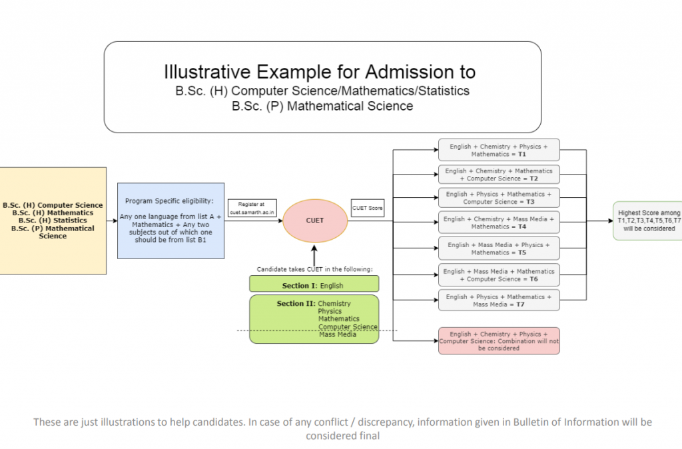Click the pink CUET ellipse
tap(315, 220)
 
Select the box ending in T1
tap(498, 150)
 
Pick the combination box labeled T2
tap(498, 175)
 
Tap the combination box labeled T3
tap(498, 198)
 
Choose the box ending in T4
tap(498, 223)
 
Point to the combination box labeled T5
tap(498, 248)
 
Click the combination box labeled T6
tap(498, 274)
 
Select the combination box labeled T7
tap(498, 300)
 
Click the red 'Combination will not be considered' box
tap(498, 340)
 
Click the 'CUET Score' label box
tap(368, 208)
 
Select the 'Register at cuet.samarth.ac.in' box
tap(252, 207)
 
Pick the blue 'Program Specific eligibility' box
tap(171, 221)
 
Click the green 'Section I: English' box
tap(314, 284)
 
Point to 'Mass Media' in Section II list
tap(337, 335)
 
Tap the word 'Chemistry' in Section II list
tap(334, 304)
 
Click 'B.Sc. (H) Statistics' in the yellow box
tap(53, 221)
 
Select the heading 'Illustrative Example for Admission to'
tap(320, 71)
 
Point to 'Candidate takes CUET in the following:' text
tap(315, 269)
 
